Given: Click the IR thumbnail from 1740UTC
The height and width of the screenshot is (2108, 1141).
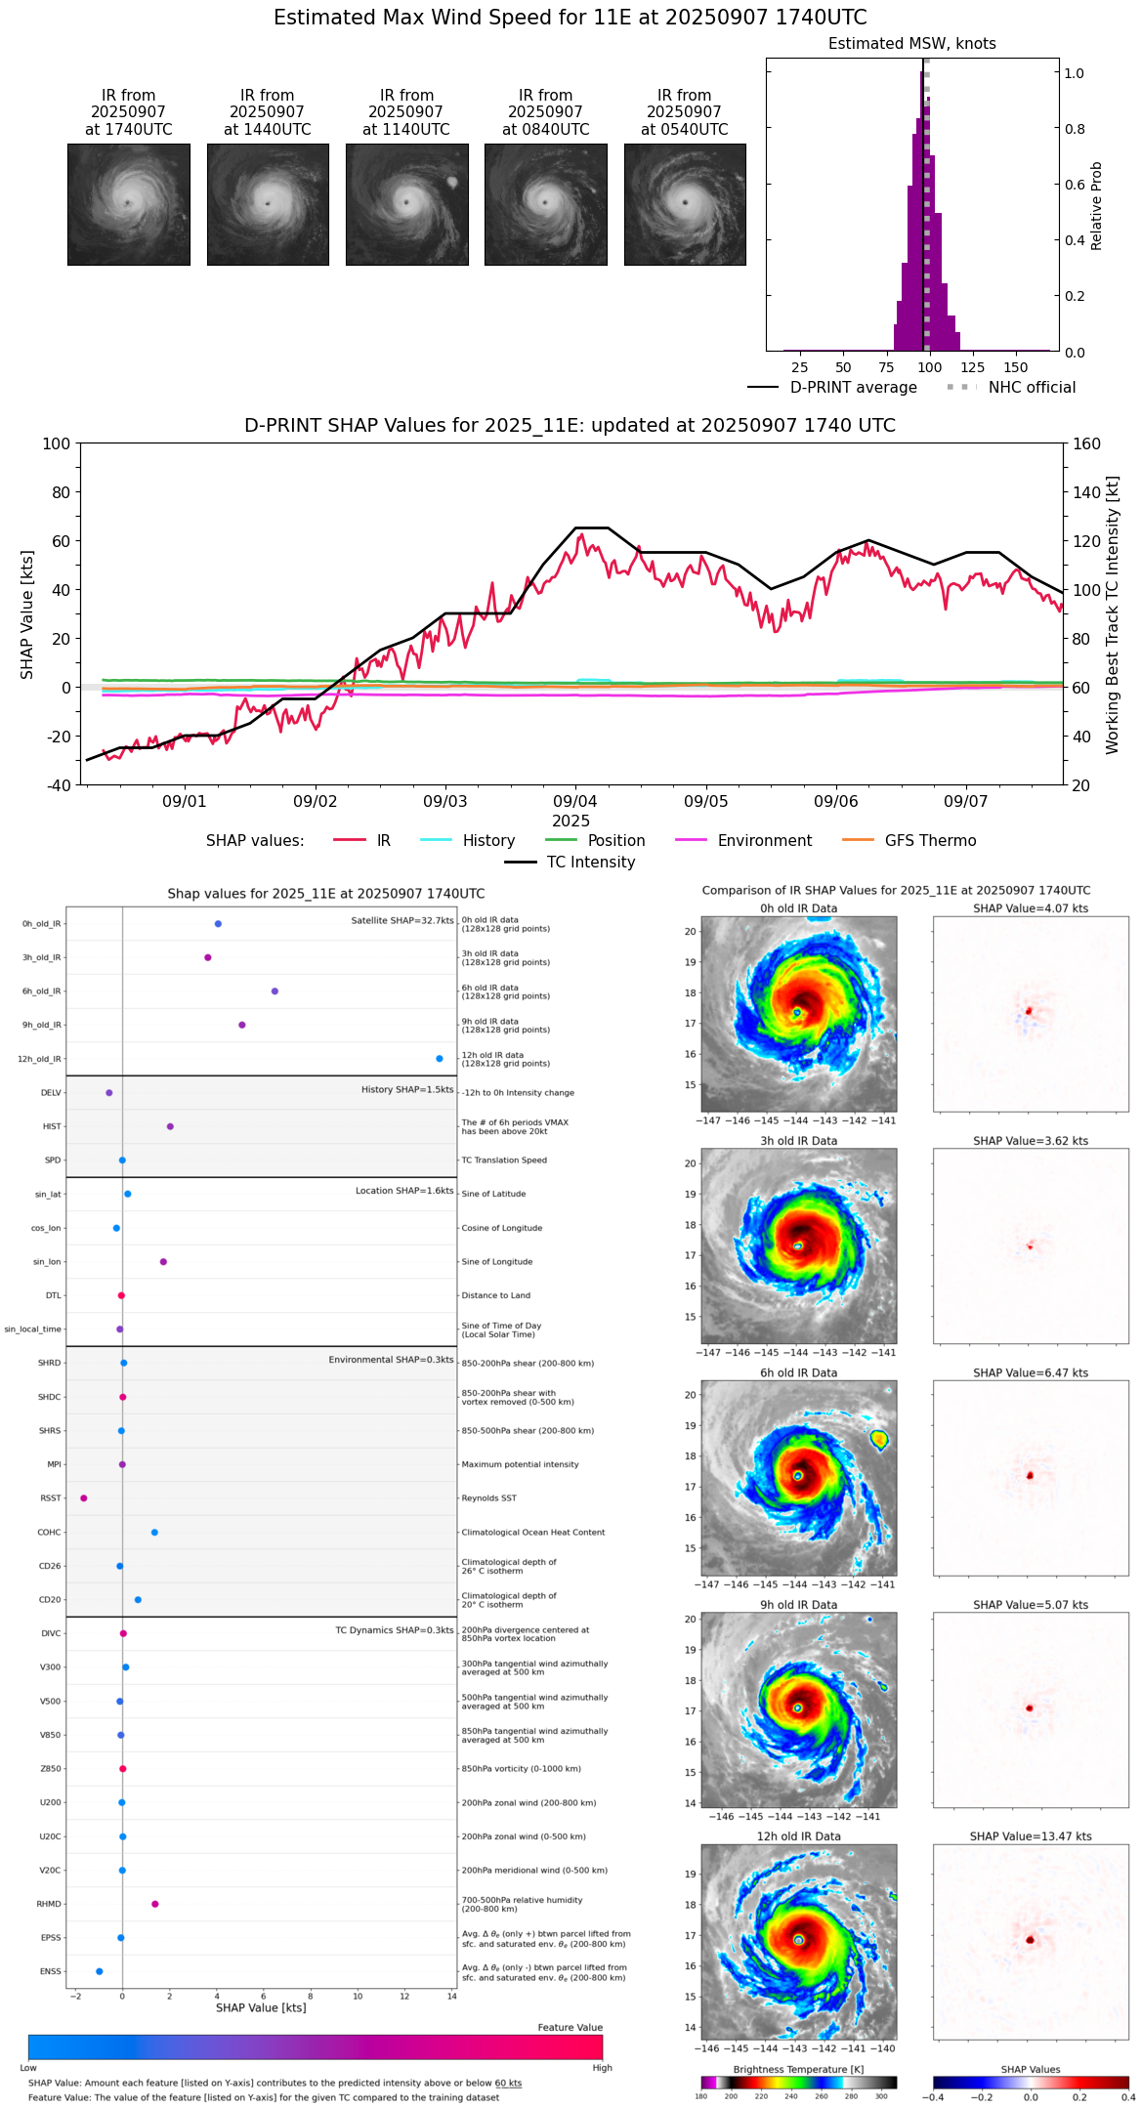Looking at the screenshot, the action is (129, 204).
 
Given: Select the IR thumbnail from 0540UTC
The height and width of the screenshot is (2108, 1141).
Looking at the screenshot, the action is (685, 204).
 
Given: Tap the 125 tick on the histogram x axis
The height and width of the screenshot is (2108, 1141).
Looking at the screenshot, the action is (973, 367).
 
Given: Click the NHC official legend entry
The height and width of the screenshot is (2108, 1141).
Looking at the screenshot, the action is (1011, 388).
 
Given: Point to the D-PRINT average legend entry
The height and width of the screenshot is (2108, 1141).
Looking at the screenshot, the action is (832, 388).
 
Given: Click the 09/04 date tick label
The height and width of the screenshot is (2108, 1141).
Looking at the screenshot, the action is (575, 801).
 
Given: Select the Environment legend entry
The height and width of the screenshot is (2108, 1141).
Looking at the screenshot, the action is (743, 841).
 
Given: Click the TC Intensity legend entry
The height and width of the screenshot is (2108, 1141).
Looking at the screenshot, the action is (570, 863).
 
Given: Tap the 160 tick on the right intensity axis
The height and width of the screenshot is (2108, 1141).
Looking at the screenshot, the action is (1086, 443).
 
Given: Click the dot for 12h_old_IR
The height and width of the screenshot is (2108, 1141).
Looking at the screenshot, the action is (440, 1059).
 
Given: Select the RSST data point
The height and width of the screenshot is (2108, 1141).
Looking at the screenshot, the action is (84, 1498).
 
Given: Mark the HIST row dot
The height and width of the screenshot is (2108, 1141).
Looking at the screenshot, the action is (170, 1126).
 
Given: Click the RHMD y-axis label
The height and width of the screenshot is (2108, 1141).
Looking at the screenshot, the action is (49, 1904).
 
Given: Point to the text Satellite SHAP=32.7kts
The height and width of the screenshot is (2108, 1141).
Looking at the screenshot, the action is (402, 921).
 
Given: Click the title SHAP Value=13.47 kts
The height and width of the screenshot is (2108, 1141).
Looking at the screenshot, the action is (1031, 1836).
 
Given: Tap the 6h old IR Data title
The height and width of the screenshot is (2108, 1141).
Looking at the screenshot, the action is (798, 1372).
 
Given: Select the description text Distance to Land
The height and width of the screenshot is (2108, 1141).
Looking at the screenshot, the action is (496, 1296).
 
